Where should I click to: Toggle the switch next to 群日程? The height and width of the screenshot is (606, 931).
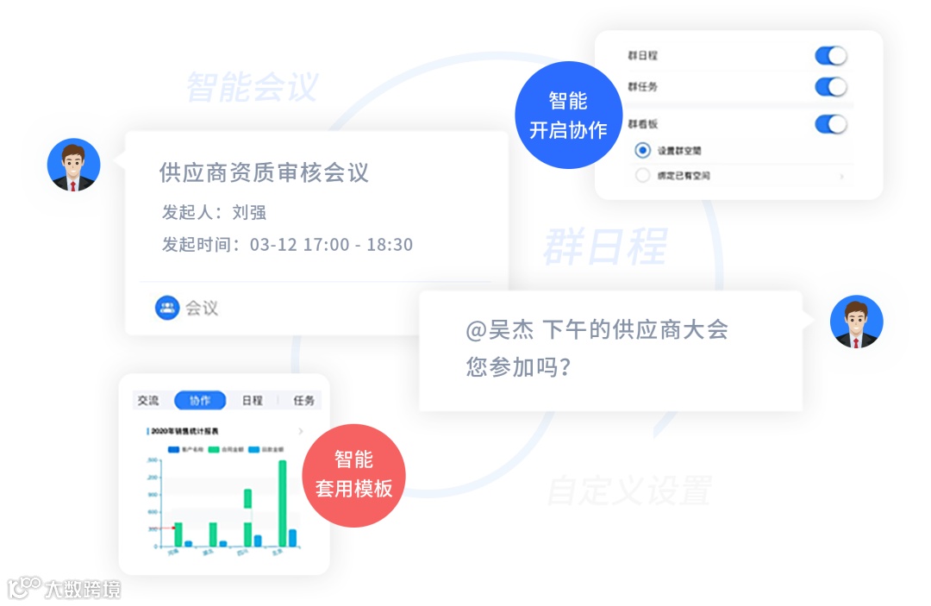click(831, 56)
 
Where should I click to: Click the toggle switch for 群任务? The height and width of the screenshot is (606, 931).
click(831, 87)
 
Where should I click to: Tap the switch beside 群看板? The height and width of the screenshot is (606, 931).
click(831, 124)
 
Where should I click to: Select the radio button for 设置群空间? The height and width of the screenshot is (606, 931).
click(642, 150)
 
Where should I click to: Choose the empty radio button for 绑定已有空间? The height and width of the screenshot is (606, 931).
click(642, 176)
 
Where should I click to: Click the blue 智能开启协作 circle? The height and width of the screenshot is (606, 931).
click(567, 116)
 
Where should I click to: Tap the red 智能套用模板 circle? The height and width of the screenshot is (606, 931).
click(354, 474)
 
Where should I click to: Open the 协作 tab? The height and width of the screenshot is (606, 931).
click(200, 401)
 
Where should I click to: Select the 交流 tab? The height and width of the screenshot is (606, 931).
click(148, 401)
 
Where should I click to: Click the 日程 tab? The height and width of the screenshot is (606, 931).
click(252, 401)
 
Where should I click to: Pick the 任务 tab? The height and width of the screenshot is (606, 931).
click(304, 401)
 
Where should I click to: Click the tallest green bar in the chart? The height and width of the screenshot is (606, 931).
click(282, 503)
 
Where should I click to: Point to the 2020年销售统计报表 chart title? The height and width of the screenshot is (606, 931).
click(184, 431)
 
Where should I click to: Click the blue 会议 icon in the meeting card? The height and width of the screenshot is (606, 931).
click(167, 308)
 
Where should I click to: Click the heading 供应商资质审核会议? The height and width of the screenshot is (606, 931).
click(264, 172)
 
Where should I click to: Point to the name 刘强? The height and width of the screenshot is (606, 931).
click(249, 212)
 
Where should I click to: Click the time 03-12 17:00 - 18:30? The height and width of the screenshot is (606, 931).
click(331, 245)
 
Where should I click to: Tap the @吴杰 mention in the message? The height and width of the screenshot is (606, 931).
click(500, 330)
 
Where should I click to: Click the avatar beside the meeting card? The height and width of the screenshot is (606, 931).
click(73, 165)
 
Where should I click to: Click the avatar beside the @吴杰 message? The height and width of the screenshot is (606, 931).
click(856, 322)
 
